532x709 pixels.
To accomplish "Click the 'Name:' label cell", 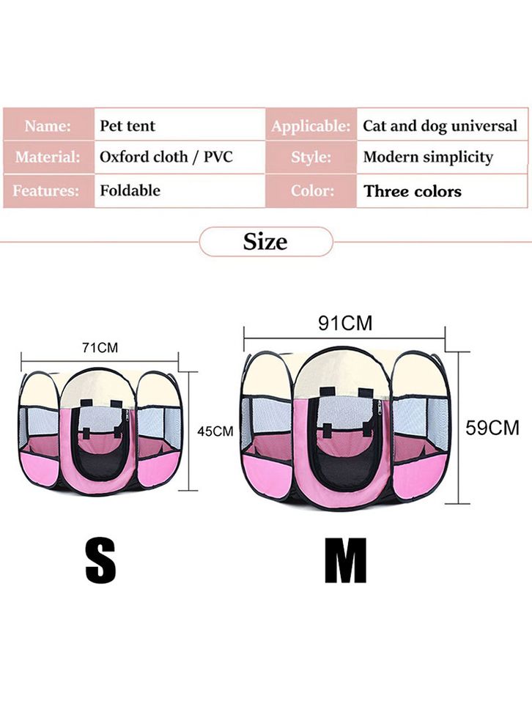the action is pyautogui.click(x=48, y=125).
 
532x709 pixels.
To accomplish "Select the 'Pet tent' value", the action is pyautogui.click(x=127, y=125).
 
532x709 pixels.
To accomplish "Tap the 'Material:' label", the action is pyautogui.click(x=48, y=157).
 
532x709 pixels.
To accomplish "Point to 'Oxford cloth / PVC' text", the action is pyautogui.click(x=166, y=157).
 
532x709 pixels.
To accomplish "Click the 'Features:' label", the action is pyautogui.click(x=45, y=190).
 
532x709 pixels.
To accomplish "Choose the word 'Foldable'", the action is pyautogui.click(x=130, y=190).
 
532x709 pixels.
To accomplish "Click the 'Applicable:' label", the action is pyautogui.click(x=311, y=126).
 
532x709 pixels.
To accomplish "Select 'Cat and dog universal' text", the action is pyautogui.click(x=440, y=126).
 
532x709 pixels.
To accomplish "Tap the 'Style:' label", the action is pyautogui.click(x=311, y=157).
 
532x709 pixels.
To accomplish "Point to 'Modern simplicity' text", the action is pyautogui.click(x=428, y=157).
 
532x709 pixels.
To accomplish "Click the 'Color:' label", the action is pyautogui.click(x=312, y=190).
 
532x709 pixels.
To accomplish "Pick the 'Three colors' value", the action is pyautogui.click(x=413, y=191).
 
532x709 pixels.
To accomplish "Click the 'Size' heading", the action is pyautogui.click(x=265, y=242).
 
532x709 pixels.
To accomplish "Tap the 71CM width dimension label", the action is pyautogui.click(x=100, y=348).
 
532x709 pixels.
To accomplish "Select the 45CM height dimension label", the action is pyautogui.click(x=215, y=431).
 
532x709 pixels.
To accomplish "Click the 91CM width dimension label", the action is pyautogui.click(x=345, y=323).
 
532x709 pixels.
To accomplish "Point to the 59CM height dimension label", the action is pyautogui.click(x=492, y=428).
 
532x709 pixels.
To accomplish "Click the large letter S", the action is pyautogui.click(x=100, y=560).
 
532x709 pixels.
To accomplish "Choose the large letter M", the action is pyautogui.click(x=346, y=560).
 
